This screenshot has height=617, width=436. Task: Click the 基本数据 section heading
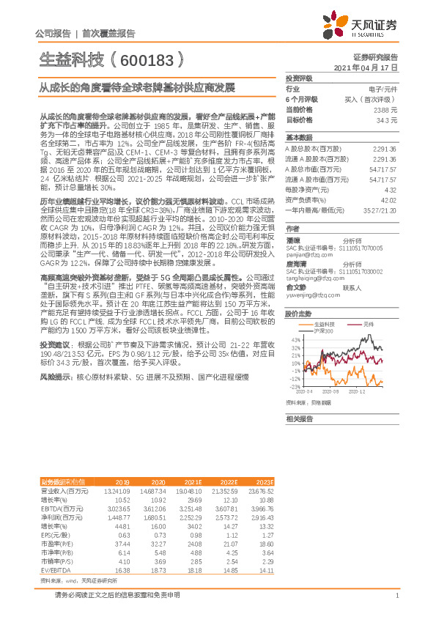coord(299,137)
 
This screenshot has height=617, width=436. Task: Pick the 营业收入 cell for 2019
coord(117,490)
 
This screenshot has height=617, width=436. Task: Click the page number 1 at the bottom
coord(396,594)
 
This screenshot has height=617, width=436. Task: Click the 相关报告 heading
coord(299,418)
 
